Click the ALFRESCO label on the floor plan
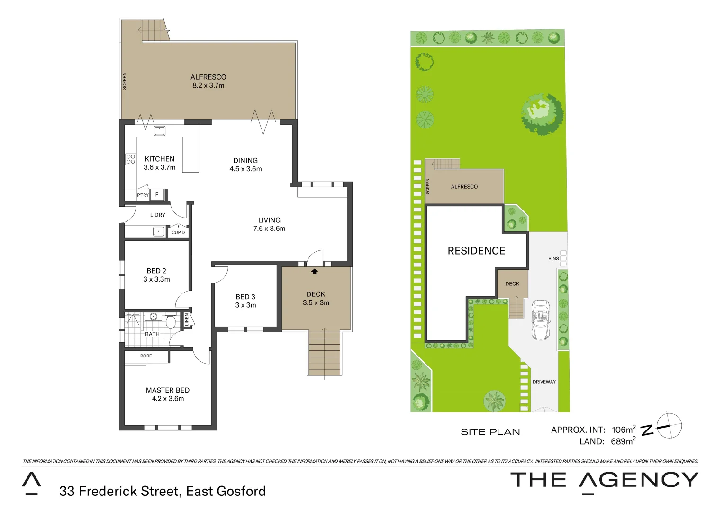(x=208, y=77)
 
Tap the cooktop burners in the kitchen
(x=130, y=159)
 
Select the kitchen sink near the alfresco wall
(x=160, y=130)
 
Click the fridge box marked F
(x=157, y=194)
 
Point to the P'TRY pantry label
(x=143, y=195)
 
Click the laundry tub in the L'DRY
(x=159, y=231)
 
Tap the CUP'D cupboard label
(x=178, y=232)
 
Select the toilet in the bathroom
(x=171, y=321)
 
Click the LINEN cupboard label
(x=187, y=319)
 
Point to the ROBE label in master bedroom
(x=146, y=356)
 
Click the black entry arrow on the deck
(x=314, y=271)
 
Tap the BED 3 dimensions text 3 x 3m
(x=245, y=305)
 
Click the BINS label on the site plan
(x=553, y=259)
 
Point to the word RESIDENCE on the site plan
(x=476, y=251)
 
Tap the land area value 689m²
(x=623, y=441)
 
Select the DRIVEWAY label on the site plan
(x=544, y=382)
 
